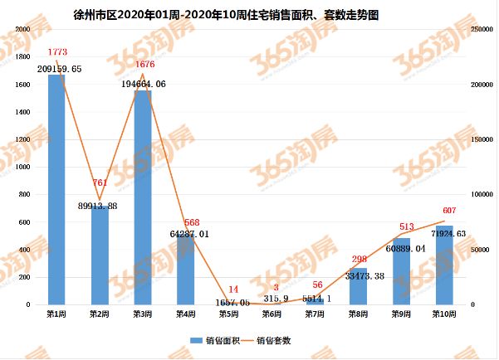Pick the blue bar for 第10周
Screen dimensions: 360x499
444,265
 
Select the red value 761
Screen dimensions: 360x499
100,182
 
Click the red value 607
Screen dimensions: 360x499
445,210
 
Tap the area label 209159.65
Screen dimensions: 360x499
60,68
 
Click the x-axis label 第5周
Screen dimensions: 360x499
229,314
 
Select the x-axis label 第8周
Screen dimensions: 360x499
359,314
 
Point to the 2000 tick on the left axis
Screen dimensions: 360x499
23,29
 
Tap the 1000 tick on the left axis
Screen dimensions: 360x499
23,167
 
